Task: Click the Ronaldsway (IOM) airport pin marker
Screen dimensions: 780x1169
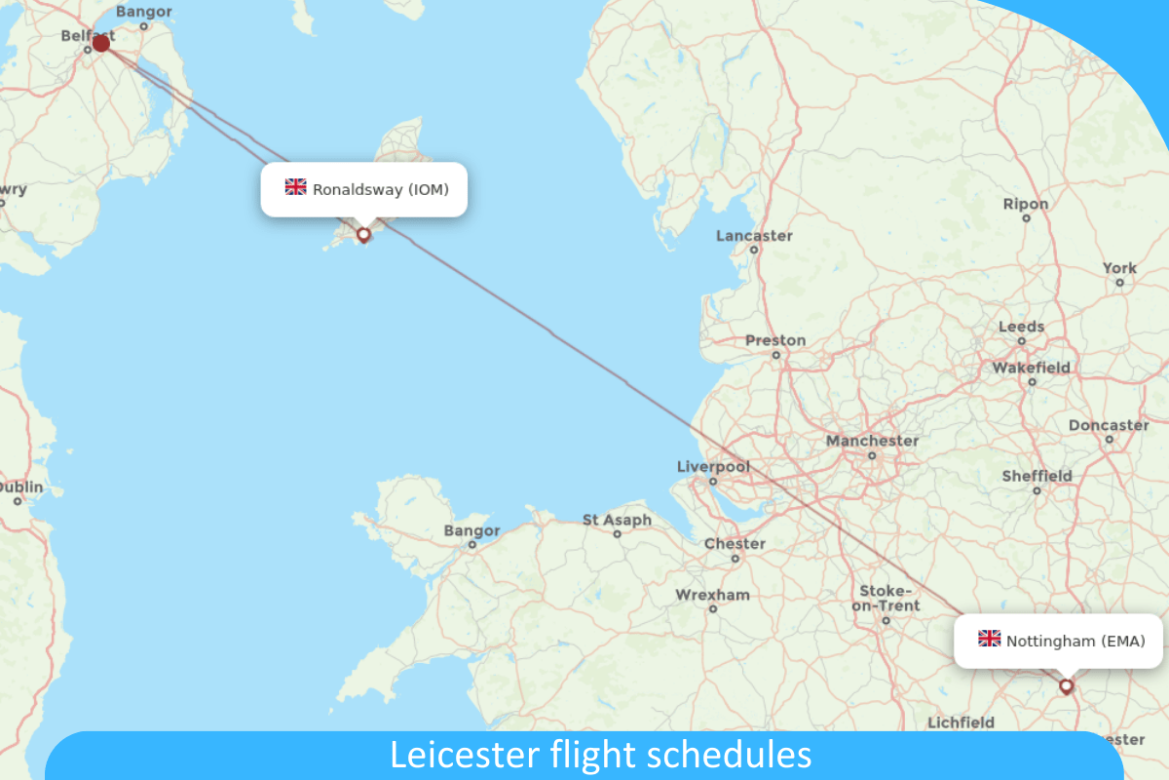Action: tap(364, 234)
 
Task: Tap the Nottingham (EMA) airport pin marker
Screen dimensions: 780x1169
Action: tap(1066, 685)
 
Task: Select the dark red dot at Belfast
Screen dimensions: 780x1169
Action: tap(100, 43)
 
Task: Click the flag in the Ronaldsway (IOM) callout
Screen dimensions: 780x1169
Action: tap(295, 187)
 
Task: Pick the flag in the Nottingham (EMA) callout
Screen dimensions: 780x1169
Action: tap(989, 640)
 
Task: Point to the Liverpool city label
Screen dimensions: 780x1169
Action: tap(713, 467)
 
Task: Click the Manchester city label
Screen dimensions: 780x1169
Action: tap(872, 441)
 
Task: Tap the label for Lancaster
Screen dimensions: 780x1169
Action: tap(754, 236)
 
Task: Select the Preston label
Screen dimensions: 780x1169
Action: tap(775, 340)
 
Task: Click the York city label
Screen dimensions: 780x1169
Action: tap(1119, 268)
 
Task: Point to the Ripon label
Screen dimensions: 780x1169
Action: tap(1026, 204)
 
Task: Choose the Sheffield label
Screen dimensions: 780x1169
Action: tap(1037, 476)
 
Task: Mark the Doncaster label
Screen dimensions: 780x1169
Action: tap(1109, 425)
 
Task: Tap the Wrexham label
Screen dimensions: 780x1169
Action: tap(713, 595)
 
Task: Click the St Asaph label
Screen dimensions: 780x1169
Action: tap(617, 521)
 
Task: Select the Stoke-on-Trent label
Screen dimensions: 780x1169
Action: tap(885, 599)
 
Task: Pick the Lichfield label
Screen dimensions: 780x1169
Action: tap(961, 722)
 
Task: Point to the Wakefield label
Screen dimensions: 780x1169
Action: tap(1031, 368)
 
